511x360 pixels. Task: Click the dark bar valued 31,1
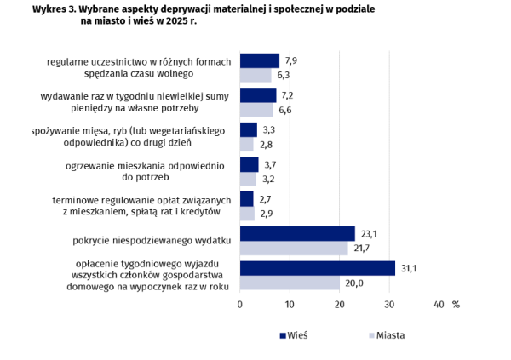pos(318,268)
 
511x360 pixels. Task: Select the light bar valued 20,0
pos(290,283)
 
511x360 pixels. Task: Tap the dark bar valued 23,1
pos(297,233)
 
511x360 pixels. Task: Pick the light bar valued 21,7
pos(294,248)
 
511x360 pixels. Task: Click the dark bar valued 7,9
pos(260,60)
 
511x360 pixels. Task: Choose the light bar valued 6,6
pos(256,110)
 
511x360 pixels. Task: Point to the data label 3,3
pos(268,129)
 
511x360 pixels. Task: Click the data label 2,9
pos(266,213)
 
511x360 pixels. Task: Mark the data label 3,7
pos(270,164)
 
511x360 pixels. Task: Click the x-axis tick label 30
pos(389,305)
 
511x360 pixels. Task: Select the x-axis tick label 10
pos(290,305)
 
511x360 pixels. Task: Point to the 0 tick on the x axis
pos(240,305)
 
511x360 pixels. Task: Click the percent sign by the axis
pos(456,305)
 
